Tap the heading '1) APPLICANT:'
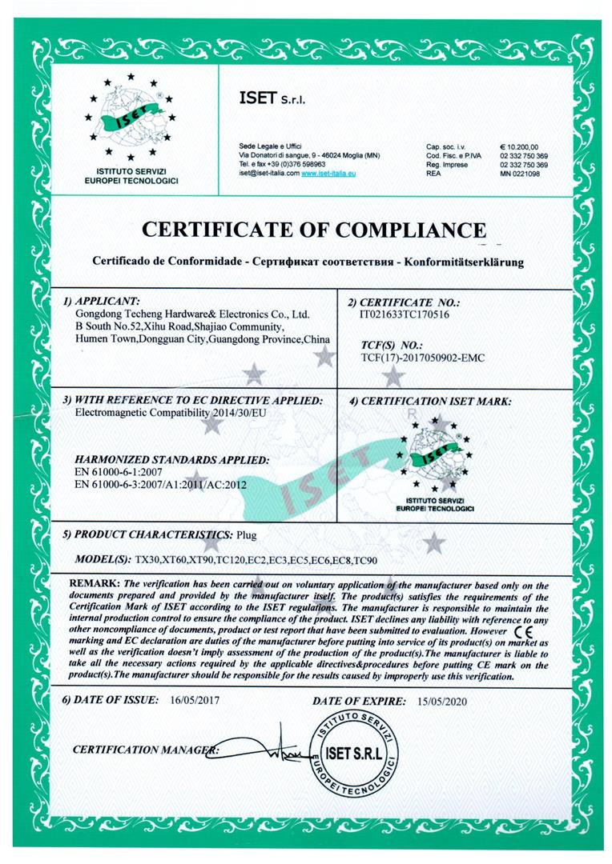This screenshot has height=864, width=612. pos(101,302)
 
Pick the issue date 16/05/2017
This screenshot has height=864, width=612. pos(195,700)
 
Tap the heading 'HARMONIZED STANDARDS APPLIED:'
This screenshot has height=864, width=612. pos(171,461)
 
